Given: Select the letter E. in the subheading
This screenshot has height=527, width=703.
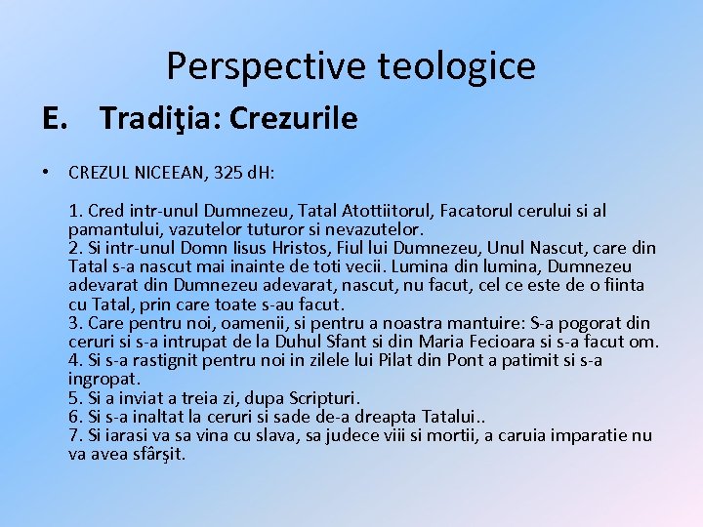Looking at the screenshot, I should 55,119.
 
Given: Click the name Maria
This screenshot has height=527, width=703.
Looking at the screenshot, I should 442,341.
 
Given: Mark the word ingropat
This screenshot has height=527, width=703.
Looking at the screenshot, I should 104,379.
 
